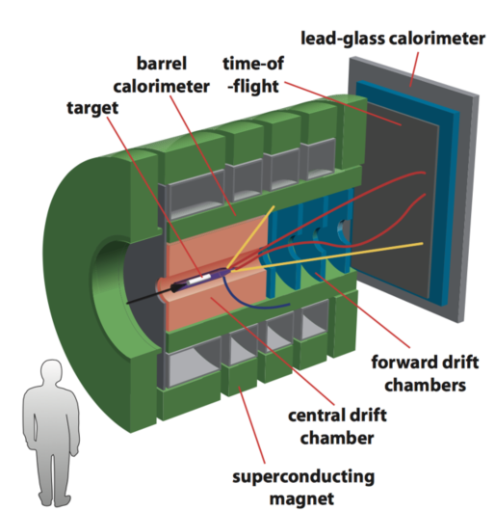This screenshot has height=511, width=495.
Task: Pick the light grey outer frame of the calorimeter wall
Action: tap(463, 193)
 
